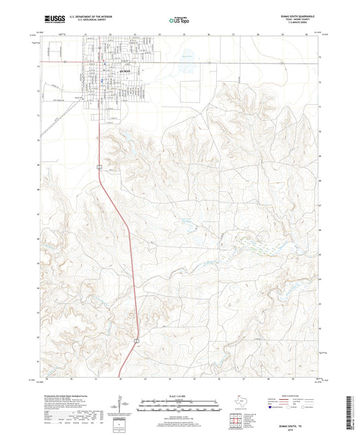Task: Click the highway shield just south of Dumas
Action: point(99,165)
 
